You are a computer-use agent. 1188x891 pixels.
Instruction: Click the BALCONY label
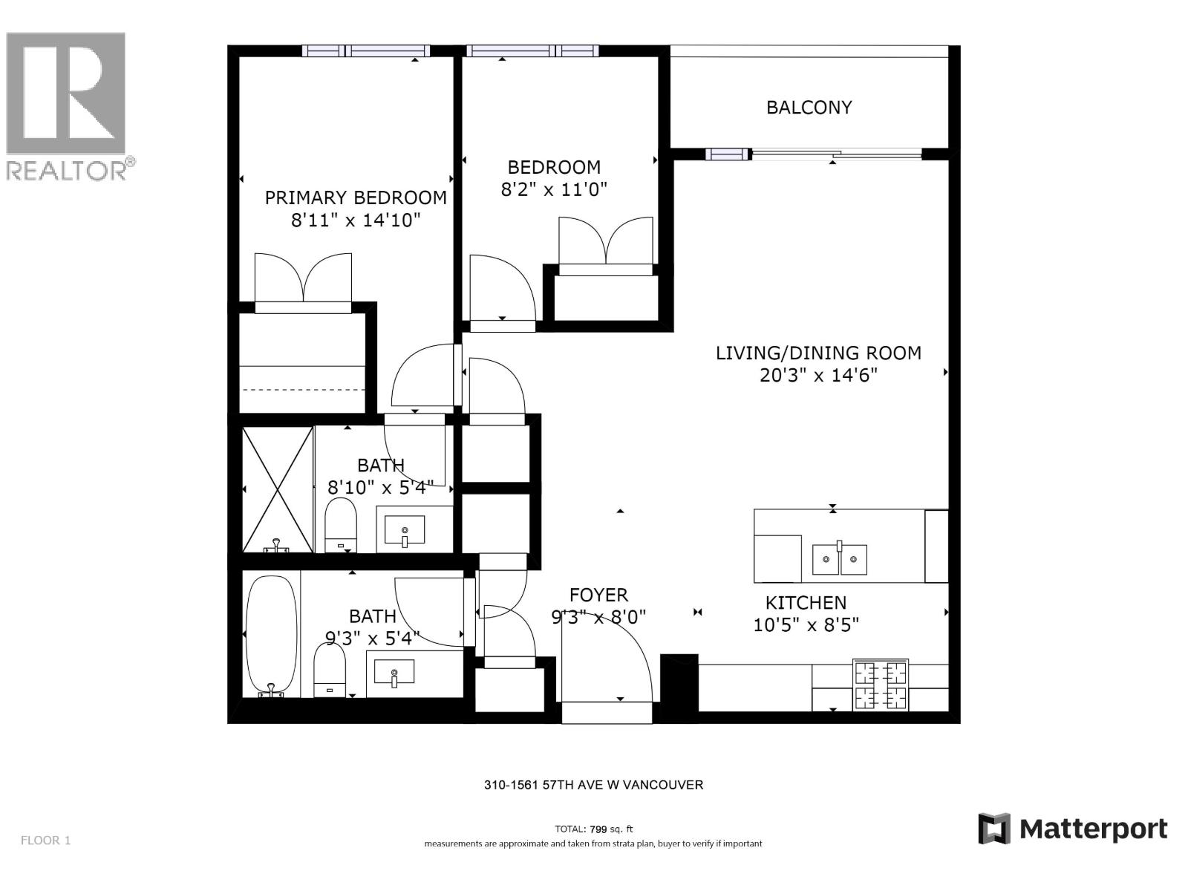pos(809,107)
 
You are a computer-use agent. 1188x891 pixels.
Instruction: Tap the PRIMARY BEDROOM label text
pos(356,198)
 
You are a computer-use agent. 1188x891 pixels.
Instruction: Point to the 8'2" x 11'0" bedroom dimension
pos(554,189)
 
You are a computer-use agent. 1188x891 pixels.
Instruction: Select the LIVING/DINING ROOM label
pos(818,353)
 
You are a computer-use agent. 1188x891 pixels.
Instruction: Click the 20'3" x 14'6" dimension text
pos(818,375)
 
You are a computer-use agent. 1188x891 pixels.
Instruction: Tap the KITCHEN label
pos(806,603)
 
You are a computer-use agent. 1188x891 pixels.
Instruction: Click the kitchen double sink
pos(840,559)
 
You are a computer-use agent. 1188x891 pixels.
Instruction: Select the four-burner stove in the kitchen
pos(881,685)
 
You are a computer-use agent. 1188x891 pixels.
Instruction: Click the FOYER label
pos(598,595)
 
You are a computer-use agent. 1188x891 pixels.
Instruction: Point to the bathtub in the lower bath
pos(272,636)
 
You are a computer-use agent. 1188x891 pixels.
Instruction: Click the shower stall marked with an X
pos(278,489)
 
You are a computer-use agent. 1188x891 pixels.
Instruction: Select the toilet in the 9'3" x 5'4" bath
pos(330,670)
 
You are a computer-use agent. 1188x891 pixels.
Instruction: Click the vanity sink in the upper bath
pos(405,530)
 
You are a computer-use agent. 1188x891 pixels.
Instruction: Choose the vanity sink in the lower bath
pos(394,673)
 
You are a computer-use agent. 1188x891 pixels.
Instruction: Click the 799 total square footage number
pos(598,829)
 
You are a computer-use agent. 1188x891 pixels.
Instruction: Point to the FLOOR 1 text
pos(45,841)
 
